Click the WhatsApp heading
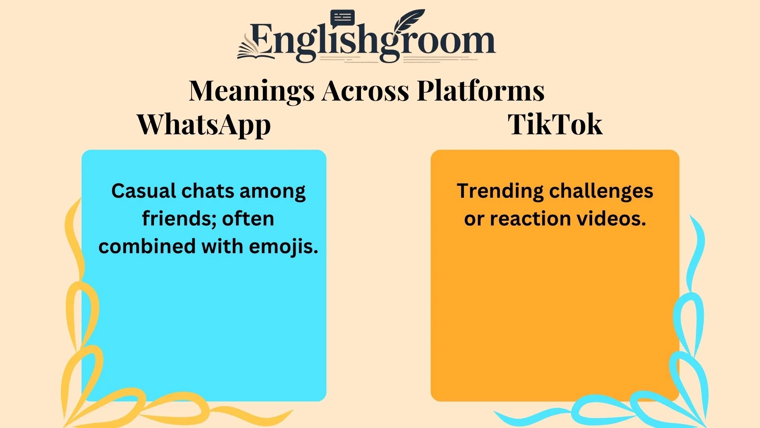coord(204,125)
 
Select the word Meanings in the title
coord(252,91)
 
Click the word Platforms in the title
coord(481,91)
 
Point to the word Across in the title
coord(365,91)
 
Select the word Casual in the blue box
coord(144,191)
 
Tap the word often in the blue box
coord(248,219)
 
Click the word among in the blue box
coord(272,191)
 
